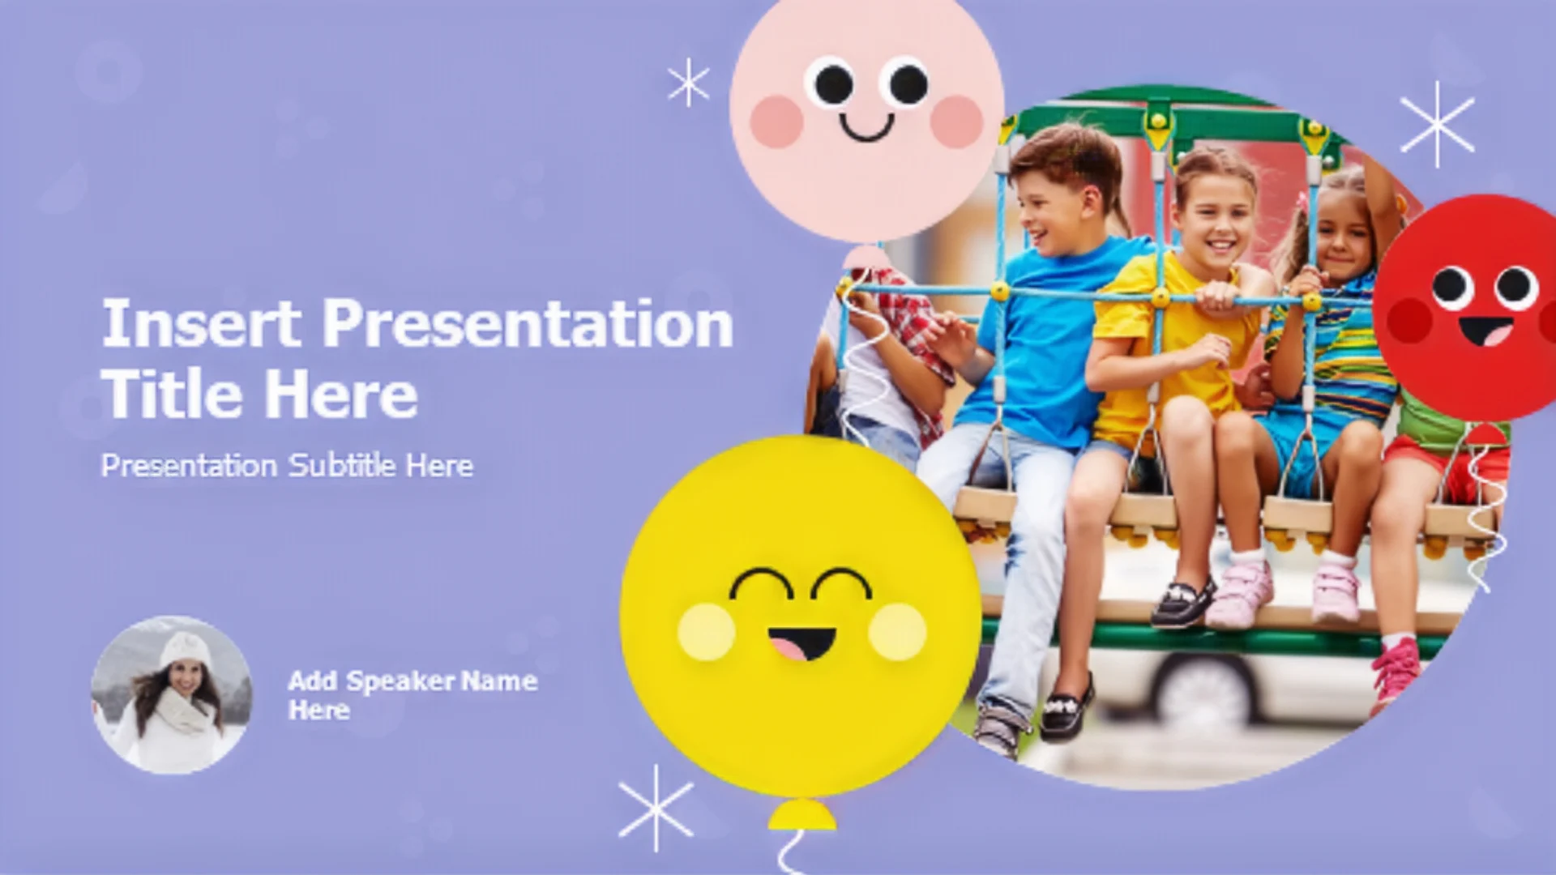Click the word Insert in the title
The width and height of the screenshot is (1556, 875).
click(x=202, y=323)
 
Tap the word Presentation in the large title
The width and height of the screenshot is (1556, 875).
click(x=528, y=323)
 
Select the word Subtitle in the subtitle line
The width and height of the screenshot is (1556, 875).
click(x=343, y=466)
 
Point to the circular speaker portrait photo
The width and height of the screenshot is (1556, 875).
click(x=172, y=695)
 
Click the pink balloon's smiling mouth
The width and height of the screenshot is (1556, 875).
click(x=866, y=127)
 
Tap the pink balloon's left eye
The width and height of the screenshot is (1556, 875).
click(x=832, y=83)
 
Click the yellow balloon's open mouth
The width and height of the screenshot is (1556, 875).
click(x=802, y=643)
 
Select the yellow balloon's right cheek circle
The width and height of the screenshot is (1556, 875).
click(x=897, y=631)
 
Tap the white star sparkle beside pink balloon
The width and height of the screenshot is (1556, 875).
click(x=688, y=83)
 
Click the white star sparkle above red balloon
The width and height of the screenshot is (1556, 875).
click(x=1437, y=124)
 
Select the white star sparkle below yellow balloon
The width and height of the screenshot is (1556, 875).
click(x=656, y=808)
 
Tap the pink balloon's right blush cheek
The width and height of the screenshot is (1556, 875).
click(x=956, y=122)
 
